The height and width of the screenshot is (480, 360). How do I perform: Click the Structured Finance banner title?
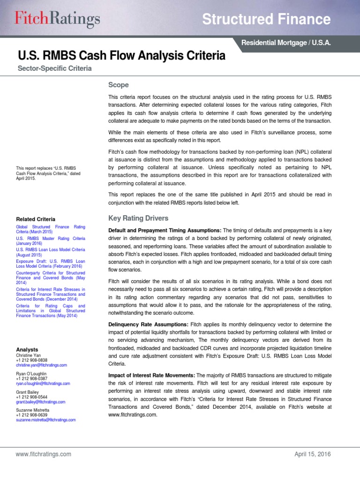266,19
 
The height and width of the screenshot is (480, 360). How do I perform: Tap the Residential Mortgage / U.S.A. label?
286,43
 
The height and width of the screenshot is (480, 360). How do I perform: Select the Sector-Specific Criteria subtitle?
54,68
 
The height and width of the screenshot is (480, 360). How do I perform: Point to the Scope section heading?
118,85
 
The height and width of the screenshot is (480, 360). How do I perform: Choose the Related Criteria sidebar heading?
36,219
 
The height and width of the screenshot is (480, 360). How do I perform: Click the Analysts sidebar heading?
28,350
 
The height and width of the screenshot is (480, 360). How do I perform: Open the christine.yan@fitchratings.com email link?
41,365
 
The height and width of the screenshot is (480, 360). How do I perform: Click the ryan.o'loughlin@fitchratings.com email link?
43,383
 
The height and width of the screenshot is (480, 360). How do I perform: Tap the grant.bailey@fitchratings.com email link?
41,402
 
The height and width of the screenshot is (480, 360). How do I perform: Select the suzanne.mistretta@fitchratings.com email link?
45,420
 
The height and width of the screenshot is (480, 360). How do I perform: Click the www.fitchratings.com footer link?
43,454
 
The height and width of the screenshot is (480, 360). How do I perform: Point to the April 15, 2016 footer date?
312,454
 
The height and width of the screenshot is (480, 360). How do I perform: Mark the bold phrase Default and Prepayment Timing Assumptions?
165,230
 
